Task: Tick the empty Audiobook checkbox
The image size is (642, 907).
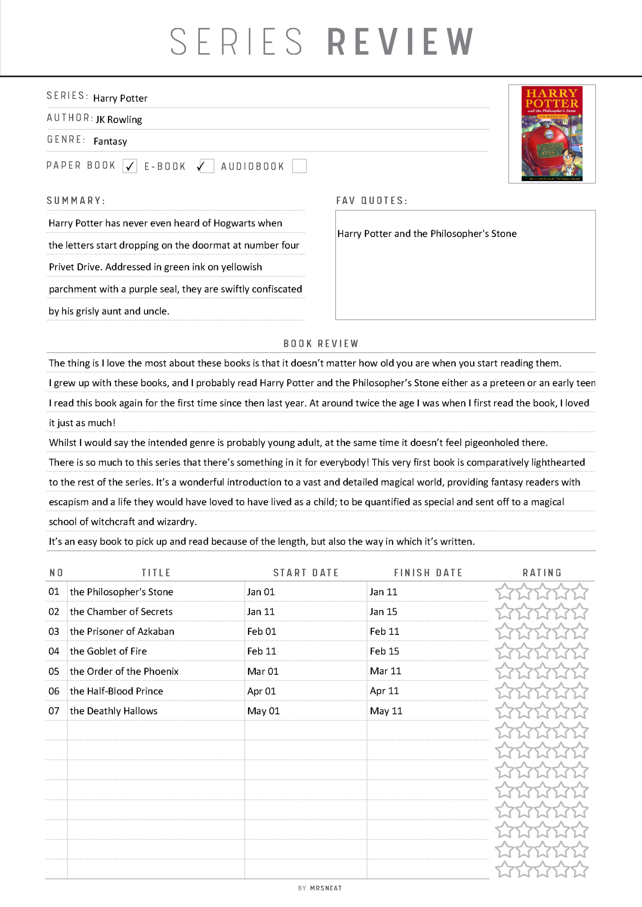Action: pyautogui.click(x=299, y=166)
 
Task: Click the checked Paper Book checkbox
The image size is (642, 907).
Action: pyautogui.click(x=130, y=166)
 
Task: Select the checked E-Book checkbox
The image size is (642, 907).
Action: pyautogui.click(x=206, y=166)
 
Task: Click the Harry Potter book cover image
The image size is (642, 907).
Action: pyautogui.click(x=552, y=134)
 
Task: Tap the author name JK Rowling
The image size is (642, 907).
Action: pyautogui.click(x=119, y=120)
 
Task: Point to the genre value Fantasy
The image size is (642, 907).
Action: pyautogui.click(x=110, y=142)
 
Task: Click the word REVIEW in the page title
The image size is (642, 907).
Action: pyautogui.click(x=400, y=42)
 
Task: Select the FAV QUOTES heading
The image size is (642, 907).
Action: pyautogui.click(x=371, y=201)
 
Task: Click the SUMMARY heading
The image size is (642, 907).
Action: pyautogui.click(x=76, y=201)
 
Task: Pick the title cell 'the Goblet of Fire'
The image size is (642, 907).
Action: pyautogui.click(x=108, y=651)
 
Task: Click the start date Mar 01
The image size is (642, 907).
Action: pyautogui.click(x=263, y=671)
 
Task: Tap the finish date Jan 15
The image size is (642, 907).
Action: pyautogui.click(x=383, y=612)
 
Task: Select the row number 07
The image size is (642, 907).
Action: pyautogui.click(x=54, y=711)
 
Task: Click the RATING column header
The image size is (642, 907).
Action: pyautogui.click(x=542, y=573)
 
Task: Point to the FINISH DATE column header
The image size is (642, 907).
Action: pyautogui.click(x=428, y=573)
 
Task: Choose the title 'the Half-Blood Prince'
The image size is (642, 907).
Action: pyautogui.click(x=116, y=691)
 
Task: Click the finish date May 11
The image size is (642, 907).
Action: pyautogui.click(x=386, y=711)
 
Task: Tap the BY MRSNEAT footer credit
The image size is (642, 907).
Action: pyautogui.click(x=320, y=888)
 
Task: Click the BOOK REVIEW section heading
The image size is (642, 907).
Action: pyautogui.click(x=321, y=344)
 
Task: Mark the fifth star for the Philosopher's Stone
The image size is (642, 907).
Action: pyautogui.click(x=580, y=592)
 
